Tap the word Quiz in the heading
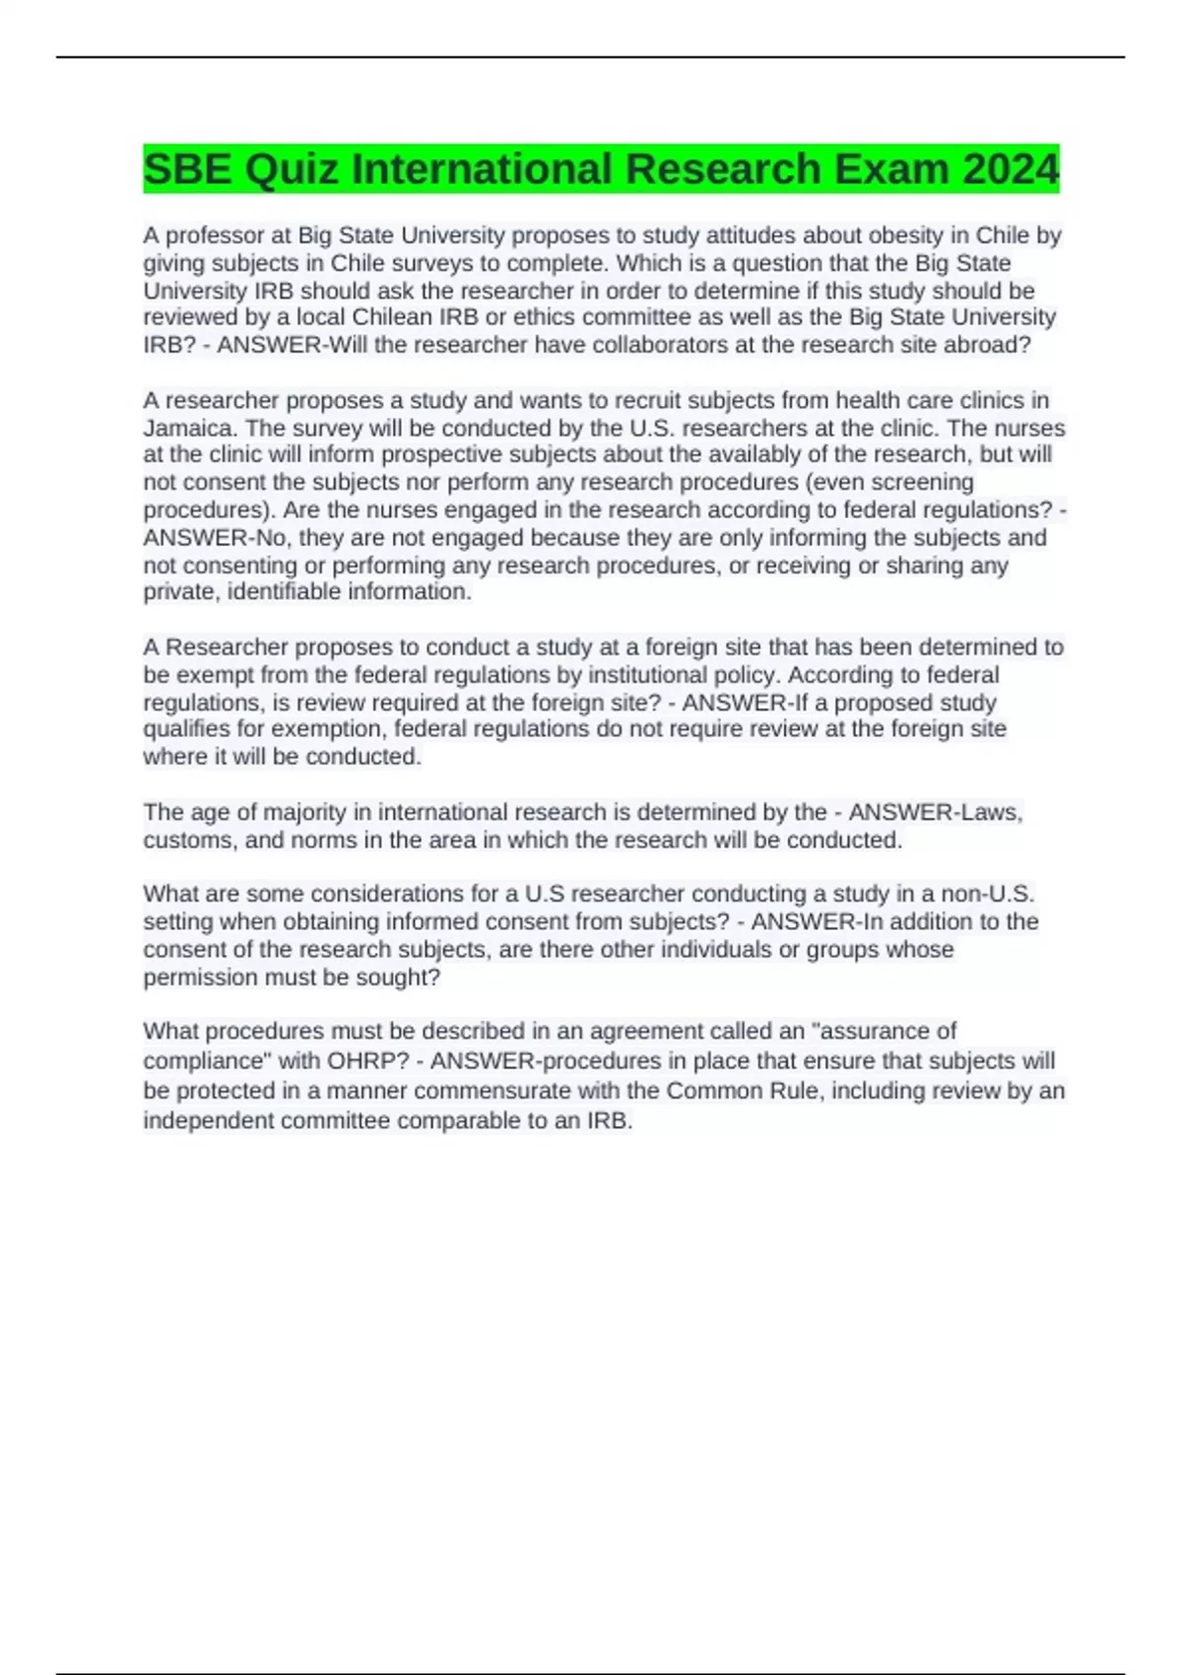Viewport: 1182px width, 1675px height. click(x=292, y=168)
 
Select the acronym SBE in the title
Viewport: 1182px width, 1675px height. click(x=188, y=168)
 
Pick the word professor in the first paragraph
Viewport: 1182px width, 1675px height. click(x=214, y=235)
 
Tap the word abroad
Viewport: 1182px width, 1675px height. click(x=987, y=345)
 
